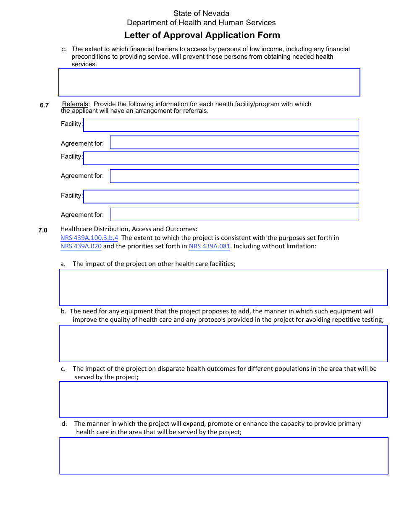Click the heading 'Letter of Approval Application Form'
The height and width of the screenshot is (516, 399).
coord(202,35)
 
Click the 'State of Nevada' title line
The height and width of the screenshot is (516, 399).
coord(201,13)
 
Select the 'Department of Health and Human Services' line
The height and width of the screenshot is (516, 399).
coord(201,23)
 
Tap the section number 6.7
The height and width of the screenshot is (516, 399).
coord(45,105)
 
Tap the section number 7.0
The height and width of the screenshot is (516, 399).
coord(43,230)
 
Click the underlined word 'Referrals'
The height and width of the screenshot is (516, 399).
coord(75,104)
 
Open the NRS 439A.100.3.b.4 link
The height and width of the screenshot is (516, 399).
coord(89,238)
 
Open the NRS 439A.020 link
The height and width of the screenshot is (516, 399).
coord(81,246)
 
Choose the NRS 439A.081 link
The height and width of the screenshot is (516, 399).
coord(210,246)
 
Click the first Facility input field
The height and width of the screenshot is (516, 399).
coord(221,125)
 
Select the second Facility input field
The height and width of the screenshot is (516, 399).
coord(221,158)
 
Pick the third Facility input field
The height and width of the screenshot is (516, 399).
coord(221,196)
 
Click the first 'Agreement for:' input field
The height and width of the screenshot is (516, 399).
coord(234,143)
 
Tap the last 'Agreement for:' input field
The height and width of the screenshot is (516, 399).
coord(234,214)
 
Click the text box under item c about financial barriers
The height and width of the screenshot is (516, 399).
coord(209,83)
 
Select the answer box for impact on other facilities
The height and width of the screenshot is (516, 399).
coord(223,287)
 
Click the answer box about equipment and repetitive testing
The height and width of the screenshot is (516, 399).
coord(223,343)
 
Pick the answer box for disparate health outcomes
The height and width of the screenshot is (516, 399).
coord(223,399)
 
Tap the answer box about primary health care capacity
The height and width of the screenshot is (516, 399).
coord(223,456)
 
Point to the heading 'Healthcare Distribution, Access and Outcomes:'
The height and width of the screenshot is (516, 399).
coord(129,229)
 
